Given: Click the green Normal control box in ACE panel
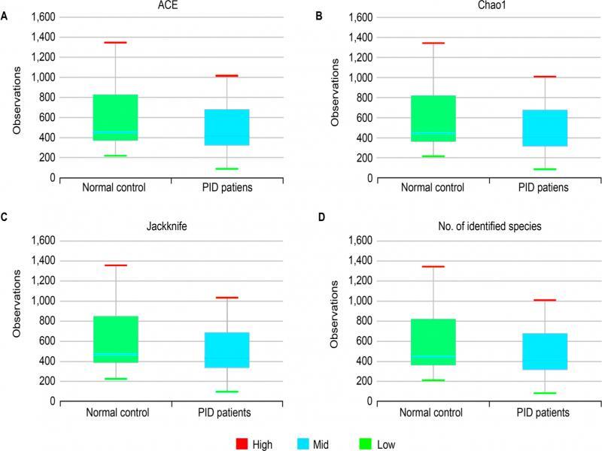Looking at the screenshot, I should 115,117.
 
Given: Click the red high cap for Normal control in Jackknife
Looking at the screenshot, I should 115,265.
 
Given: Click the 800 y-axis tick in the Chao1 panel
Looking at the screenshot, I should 362,98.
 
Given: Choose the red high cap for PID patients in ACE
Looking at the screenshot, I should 227,76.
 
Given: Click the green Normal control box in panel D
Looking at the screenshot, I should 433,342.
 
